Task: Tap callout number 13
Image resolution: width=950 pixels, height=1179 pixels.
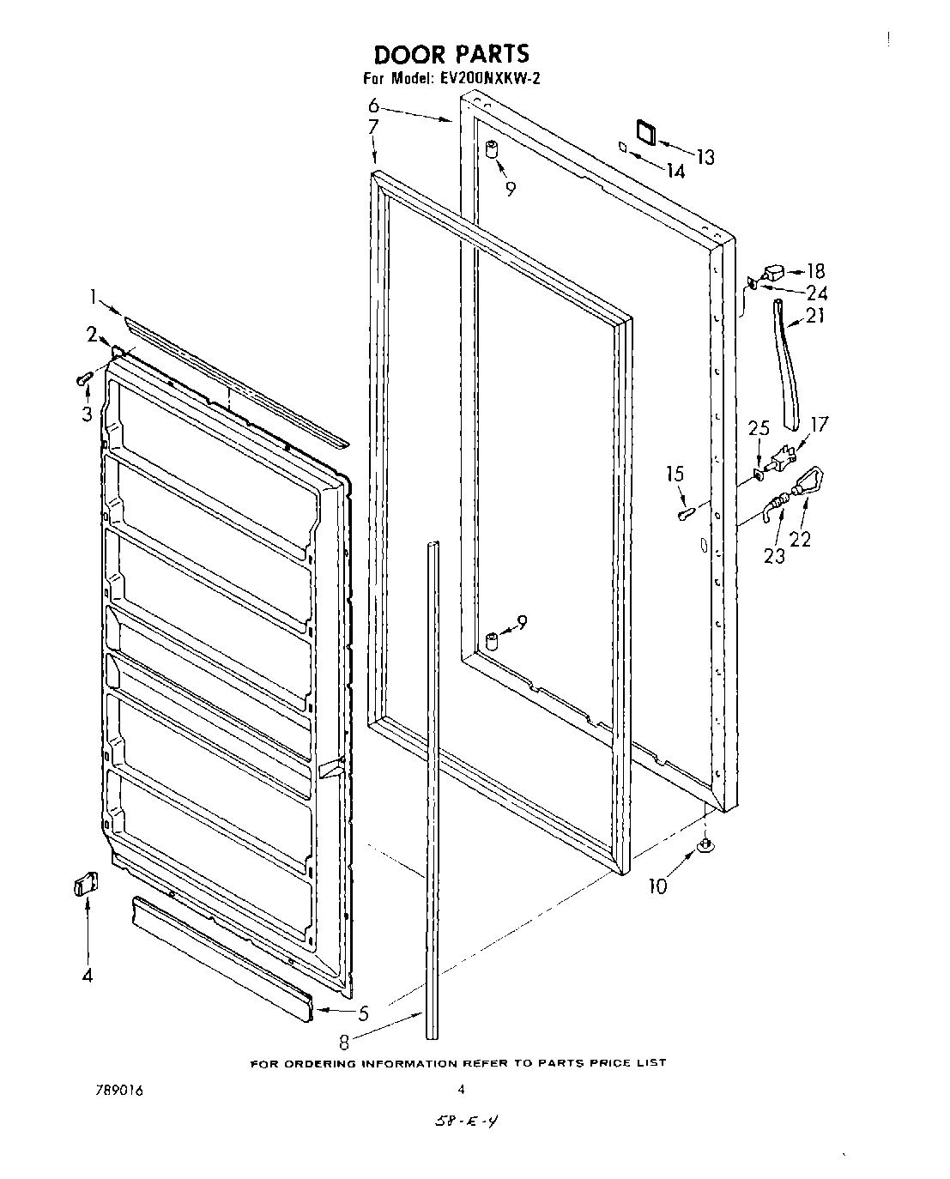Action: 705,157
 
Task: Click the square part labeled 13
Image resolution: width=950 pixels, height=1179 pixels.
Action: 644,130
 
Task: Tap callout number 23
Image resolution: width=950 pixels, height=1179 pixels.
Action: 774,556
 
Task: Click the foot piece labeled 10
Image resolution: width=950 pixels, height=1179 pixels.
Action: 705,847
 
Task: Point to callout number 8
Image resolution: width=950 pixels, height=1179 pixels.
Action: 344,1043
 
